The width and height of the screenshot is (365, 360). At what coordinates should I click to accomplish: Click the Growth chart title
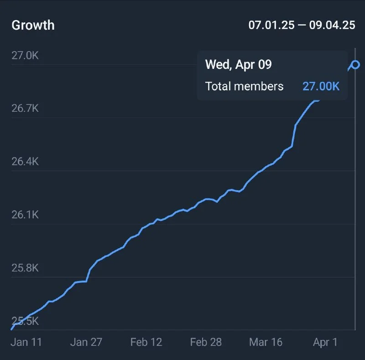click(x=33, y=25)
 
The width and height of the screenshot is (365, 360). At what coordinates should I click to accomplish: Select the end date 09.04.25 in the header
click(x=332, y=25)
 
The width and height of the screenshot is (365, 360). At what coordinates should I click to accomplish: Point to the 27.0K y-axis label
click(x=25, y=55)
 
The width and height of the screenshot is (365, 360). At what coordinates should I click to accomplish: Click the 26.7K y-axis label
click(x=25, y=109)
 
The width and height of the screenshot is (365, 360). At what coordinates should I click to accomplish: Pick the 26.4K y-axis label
click(x=25, y=162)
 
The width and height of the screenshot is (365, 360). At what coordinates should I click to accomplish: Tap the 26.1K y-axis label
click(x=25, y=214)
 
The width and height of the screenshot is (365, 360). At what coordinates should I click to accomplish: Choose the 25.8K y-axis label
click(x=25, y=268)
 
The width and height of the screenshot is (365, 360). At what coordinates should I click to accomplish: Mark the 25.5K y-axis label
click(x=25, y=321)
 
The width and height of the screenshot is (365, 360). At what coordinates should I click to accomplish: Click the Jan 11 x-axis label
click(x=26, y=342)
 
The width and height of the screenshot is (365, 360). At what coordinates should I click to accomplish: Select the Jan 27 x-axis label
click(x=86, y=342)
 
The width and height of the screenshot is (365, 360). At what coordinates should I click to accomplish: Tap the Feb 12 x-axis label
click(x=146, y=342)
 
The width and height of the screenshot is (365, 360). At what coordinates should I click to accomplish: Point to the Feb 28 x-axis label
click(x=206, y=342)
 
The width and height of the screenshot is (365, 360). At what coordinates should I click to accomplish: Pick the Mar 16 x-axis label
click(x=266, y=342)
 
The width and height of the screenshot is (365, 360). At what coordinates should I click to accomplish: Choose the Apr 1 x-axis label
click(x=325, y=342)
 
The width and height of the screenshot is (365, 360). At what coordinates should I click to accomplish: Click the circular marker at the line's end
click(x=355, y=65)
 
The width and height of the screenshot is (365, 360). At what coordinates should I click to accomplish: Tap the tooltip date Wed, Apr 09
click(x=238, y=64)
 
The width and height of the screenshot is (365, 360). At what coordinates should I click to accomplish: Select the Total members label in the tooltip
click(x=244, y=86)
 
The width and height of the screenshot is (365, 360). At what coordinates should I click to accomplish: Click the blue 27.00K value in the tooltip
click(x=321, y=86)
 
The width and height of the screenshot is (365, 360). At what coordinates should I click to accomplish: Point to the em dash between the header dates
click(x=302, y=25)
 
